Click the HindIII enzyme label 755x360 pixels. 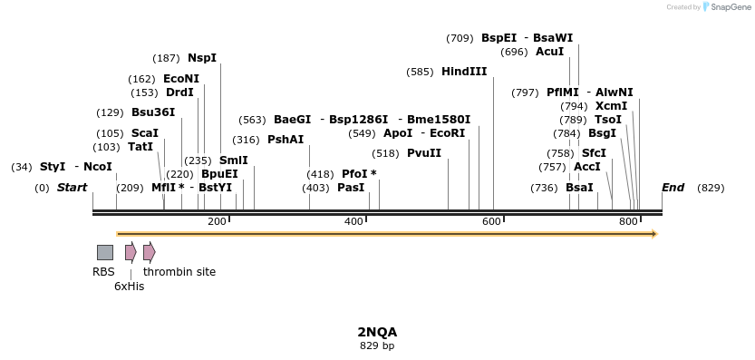click(x=464, y=72)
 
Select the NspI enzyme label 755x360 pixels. click(x=202, y=57)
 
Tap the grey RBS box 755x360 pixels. click(x=105, y=252)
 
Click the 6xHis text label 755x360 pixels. click(x=129, y=286)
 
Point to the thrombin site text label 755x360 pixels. click(x=179, y=271)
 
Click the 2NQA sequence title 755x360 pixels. click(x=377, y=332)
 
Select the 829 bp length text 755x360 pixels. click(x=377, y=345)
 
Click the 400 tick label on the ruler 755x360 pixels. click(x=354, y=222)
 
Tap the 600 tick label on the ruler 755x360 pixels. click(x=491, y=222)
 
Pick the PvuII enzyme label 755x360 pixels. click(x=424, y=153)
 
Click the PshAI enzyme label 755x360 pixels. click(x=286, y=140)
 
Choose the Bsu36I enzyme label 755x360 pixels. click(x=153, y=112)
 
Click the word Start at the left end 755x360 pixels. click(x=72, y=188)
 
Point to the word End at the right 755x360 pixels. click(x=673, y=188)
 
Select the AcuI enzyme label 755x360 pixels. click(x=549, y=52)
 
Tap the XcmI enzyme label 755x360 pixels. click(x=611, y=105)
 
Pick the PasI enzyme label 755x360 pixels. click(x=351, y=188)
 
